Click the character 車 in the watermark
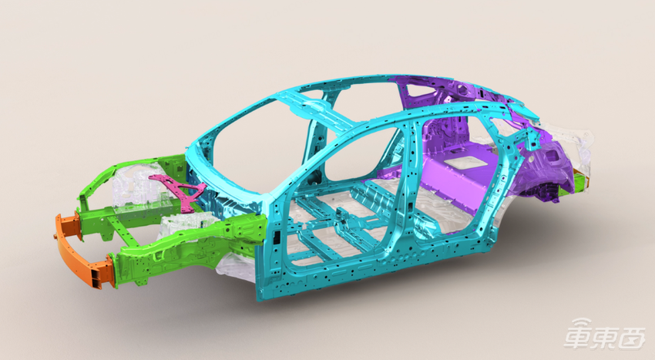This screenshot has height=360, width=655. coord(577,336)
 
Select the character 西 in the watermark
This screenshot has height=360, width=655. coord(632,337)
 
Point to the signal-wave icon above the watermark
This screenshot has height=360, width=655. coord(582,323)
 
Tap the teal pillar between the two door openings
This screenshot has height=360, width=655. coord(408,176)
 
